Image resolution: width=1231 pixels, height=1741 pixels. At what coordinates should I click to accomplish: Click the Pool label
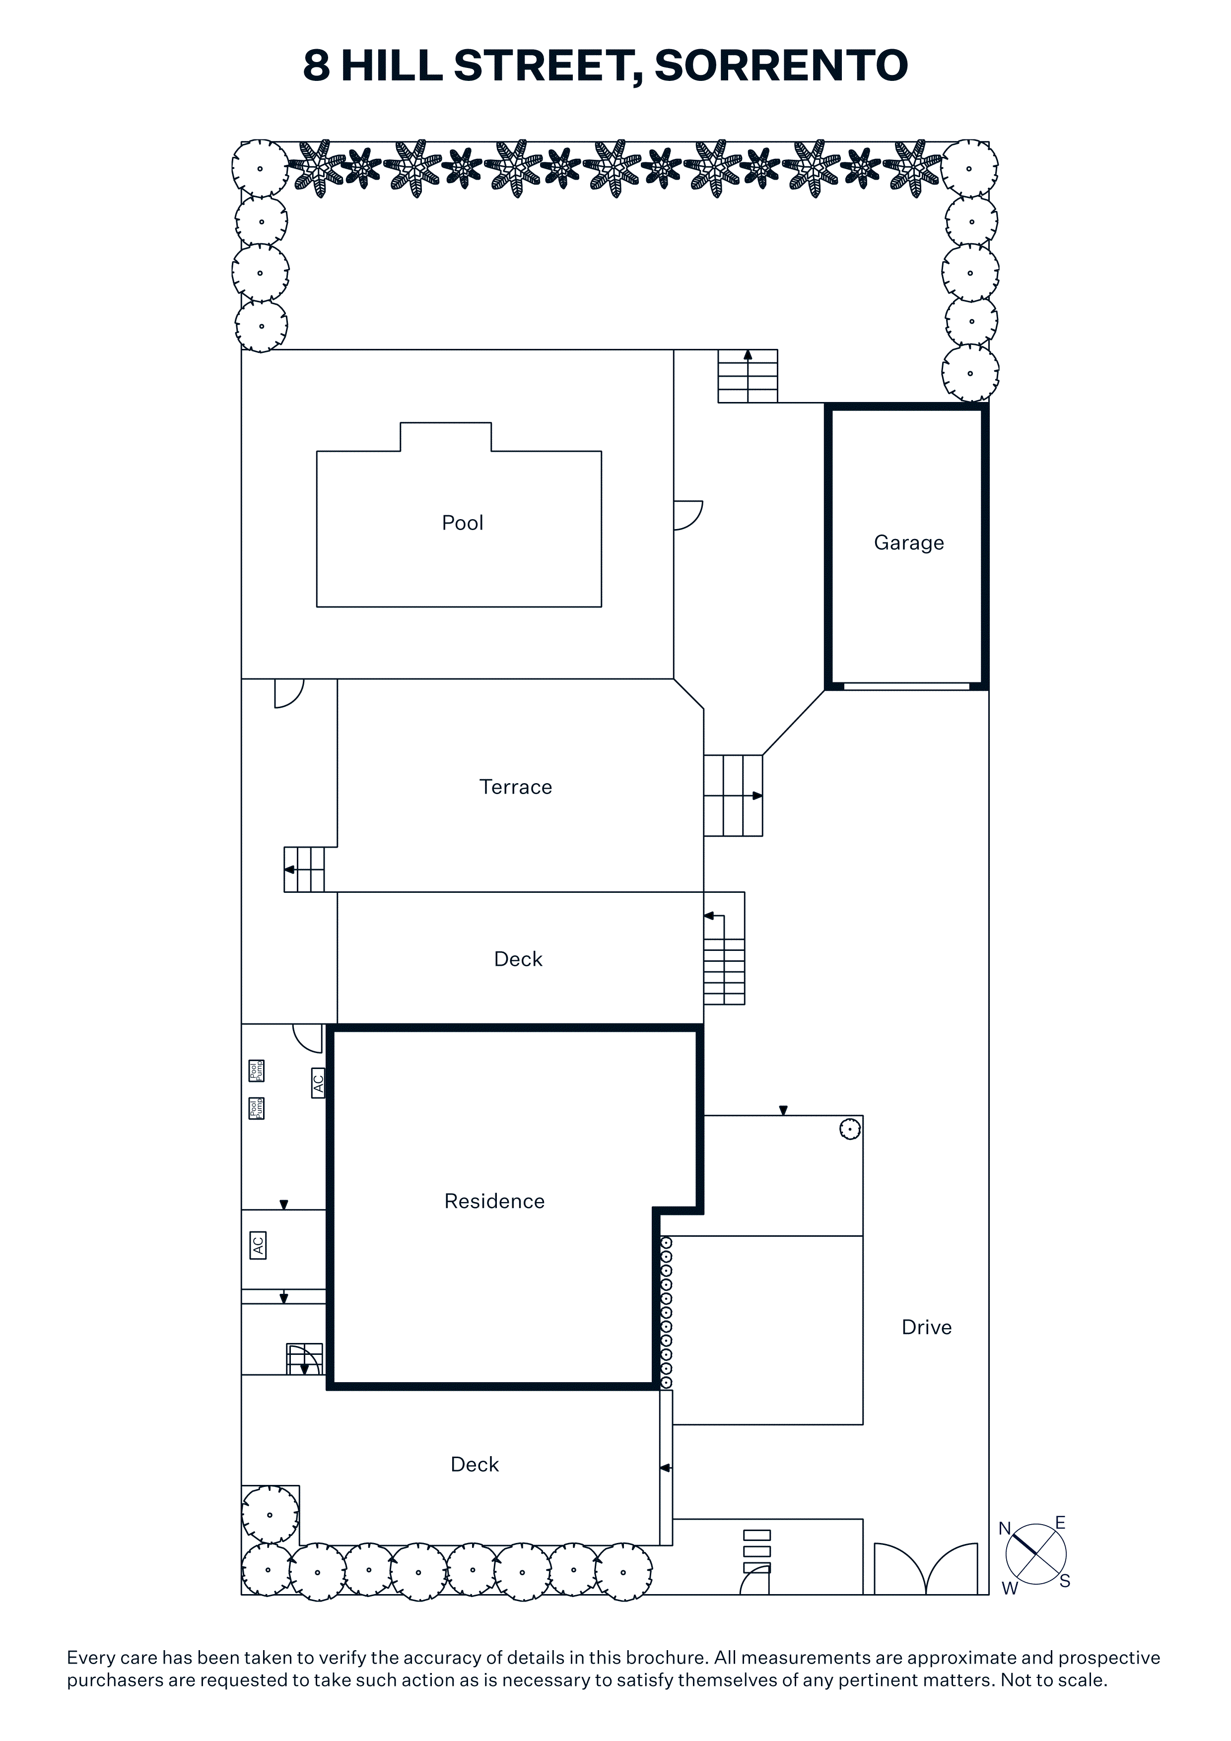tap(462, 523)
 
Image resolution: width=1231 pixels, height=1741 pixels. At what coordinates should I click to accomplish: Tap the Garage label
tap(909, 543)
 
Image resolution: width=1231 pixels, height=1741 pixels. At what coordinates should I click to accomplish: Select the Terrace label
tap(516, 787)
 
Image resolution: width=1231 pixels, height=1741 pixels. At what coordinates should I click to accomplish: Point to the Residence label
tap(494, 1201)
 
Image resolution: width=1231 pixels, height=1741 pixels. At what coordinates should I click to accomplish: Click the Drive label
tap(926, 1327)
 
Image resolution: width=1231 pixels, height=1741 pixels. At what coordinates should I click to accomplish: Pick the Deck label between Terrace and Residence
tap(518, 959)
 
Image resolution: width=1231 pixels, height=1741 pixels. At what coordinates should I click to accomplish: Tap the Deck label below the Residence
tap(475, 1464)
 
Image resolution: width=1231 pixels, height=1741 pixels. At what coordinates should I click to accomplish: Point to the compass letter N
tap(1005, 1529)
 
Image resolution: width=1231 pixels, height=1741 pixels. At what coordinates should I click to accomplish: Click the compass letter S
tap(1065, 1581)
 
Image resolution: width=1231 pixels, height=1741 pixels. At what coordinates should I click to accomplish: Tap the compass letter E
tap(1060, 1523)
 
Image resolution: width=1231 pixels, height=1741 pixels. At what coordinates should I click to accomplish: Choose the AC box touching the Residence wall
tap(319, 1082)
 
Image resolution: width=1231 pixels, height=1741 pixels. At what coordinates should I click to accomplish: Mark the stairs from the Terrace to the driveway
tap(733, 796)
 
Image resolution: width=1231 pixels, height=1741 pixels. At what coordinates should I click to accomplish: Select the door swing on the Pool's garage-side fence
tap(688, 516)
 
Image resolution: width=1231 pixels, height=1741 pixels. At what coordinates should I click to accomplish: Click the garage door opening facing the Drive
tap(906, 686)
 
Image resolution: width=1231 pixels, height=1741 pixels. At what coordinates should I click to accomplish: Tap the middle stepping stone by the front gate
tap(757, 1551)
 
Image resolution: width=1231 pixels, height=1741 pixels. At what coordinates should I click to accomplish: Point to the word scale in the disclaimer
tap(1083, 1680)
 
